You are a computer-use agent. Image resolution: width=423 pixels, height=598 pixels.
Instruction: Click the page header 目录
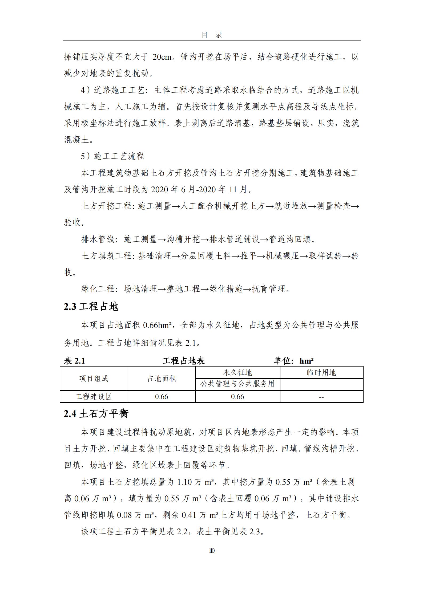click(212, 35)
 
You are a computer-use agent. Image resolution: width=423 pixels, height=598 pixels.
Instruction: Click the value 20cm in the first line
click(162, 57)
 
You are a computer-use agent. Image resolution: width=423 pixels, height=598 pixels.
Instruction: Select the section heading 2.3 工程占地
click(91, 307)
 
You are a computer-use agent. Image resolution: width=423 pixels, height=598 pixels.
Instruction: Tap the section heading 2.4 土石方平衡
click(96, 414)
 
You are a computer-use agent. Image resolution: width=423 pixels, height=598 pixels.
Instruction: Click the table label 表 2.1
click(74, 361)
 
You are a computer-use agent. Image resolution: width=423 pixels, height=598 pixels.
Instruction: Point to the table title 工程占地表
click(184, 361)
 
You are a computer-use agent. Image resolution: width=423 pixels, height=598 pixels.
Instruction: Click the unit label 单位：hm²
click(294, 361)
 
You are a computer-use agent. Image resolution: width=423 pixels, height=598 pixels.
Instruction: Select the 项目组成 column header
click(94, 379)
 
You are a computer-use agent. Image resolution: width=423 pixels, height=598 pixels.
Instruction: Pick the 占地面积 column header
click(162, 379)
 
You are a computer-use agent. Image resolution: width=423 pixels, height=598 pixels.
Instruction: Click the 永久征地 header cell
click(237, 372)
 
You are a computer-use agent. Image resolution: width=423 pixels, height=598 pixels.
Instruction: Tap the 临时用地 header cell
click(321, 372)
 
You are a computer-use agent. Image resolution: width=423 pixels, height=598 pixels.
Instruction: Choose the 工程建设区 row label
click(94, 397)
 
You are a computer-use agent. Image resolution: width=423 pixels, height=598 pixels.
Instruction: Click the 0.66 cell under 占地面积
click(162, 397)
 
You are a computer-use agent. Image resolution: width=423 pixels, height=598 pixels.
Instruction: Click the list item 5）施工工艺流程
click(112, 156)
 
